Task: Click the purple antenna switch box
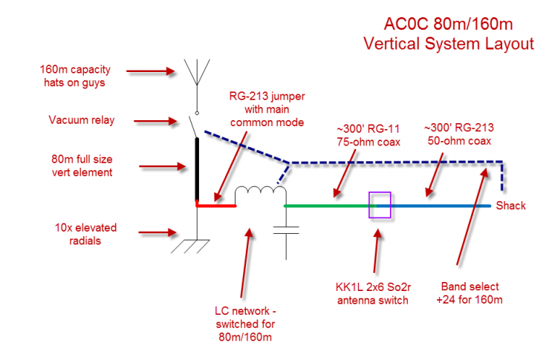pos(380,206)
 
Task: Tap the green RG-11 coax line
pos(327,206)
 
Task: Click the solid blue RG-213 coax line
pos(438,206)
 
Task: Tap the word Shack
pos(511,206)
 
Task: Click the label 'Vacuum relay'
pos(82,120)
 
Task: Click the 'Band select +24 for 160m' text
pos(470,292)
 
